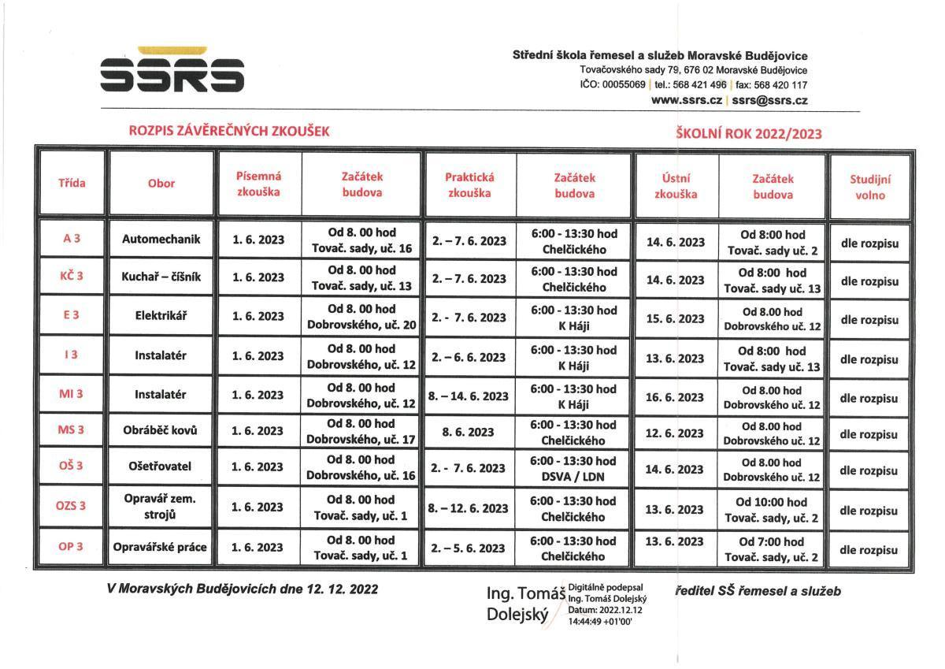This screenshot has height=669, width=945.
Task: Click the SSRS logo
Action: click(172, 72)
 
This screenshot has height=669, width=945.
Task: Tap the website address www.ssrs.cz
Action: click(687, 100)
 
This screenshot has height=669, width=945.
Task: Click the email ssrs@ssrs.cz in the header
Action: click(769, 100)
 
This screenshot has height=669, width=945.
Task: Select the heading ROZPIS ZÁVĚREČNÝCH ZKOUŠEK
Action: click(228, 132)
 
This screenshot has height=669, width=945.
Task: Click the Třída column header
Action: click(72, 184)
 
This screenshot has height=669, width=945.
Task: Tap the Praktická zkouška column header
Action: click(469, 185)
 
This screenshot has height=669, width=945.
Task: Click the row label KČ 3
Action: click(72, 277)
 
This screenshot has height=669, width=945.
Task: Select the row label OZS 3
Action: click(72, 506)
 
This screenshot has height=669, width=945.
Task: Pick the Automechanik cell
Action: click(161, 239)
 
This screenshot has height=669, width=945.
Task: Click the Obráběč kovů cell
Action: click(161, 430)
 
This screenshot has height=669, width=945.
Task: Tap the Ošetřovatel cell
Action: click(161, 466)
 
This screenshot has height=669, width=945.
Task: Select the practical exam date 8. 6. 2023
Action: click(469, 432)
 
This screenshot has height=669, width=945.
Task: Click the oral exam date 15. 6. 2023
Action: click(675, 318)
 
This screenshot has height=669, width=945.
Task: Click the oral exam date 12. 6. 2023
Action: click(675, 433)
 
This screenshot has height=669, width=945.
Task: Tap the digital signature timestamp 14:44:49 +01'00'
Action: click(600, 622)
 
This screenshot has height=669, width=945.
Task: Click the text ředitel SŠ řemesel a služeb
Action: click(758, 591)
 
